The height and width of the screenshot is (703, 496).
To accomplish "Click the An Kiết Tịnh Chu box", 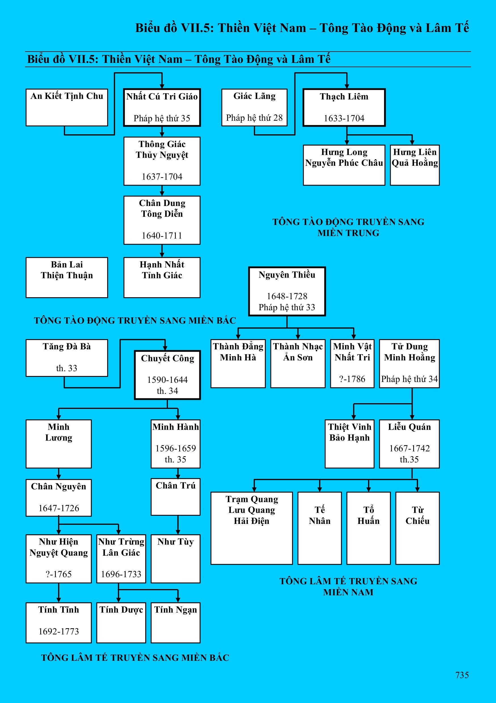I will [x=67, y=107].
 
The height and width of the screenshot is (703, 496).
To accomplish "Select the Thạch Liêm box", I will [x=344, y=107].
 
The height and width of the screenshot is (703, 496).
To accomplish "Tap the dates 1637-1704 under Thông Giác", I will [x=162, y=177].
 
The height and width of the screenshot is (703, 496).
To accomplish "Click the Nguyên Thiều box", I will [x=287, y=291].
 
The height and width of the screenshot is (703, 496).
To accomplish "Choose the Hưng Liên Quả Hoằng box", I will [x=415, y=165].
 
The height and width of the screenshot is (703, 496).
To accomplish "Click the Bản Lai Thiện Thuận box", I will [x=67, y=277].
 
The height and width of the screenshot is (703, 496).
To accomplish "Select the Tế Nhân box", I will [x=320, y=528].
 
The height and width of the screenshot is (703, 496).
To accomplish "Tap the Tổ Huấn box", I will [x=368, y=528].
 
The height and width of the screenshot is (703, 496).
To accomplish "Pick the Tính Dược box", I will [x=121, y=623].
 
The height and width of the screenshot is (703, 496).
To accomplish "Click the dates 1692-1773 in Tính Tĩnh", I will [x=58, y=631].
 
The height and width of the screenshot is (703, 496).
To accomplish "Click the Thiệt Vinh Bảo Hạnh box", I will [x=349, y=444].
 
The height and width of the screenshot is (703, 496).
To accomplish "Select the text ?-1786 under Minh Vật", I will [x=352, y=379].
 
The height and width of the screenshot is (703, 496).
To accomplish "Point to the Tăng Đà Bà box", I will [x=67, y=358].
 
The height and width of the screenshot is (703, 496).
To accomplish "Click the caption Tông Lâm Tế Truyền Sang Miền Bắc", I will [x=135, y=658].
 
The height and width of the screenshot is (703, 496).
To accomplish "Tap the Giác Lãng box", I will [x=254, y=107].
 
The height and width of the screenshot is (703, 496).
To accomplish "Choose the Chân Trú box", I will [x=175, y=497].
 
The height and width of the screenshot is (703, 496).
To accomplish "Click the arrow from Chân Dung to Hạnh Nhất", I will [x=162, y=251].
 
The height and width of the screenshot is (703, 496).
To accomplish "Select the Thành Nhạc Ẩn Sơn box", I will [x=297, y=364].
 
